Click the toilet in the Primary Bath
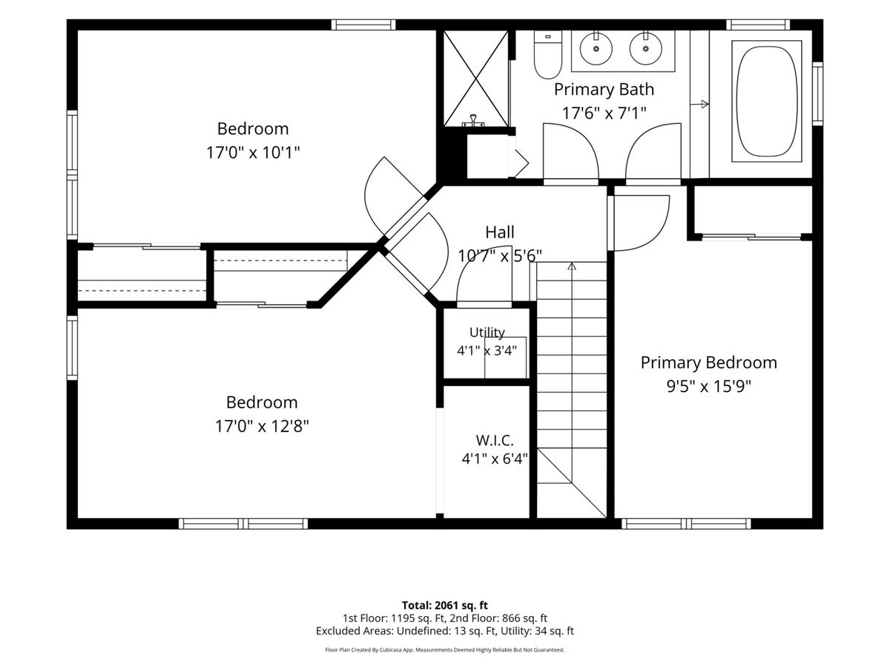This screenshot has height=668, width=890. [x=548, y=55]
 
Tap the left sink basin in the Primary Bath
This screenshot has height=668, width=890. [x=596, y=49]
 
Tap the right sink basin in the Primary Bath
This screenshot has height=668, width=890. [x=645, y=49]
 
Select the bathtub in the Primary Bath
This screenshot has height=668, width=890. [x=766, y=101]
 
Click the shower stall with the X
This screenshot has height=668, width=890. [x=475, y=79]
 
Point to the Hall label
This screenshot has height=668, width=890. [x=500, y=232]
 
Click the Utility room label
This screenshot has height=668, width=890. [x=487, y=333]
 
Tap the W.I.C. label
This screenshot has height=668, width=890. [x=495, y=440]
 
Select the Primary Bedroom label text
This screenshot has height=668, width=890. [x=709, y=362]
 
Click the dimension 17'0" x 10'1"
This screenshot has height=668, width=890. [x=253, y=153]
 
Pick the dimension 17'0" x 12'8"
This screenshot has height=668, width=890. [x=262, y=426]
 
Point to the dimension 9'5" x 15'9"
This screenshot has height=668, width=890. [x=709, y=386]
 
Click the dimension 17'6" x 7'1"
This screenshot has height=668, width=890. [x=604, y=113]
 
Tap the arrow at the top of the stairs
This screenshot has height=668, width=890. [x=572, y=266]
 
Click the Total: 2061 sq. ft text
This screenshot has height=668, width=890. [x=445, y=605]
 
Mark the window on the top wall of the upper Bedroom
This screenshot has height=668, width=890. [x=363, y=24]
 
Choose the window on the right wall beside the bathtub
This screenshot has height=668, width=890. [x=818, y=94]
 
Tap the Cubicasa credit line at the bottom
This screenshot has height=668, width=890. [x=445, y=649]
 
